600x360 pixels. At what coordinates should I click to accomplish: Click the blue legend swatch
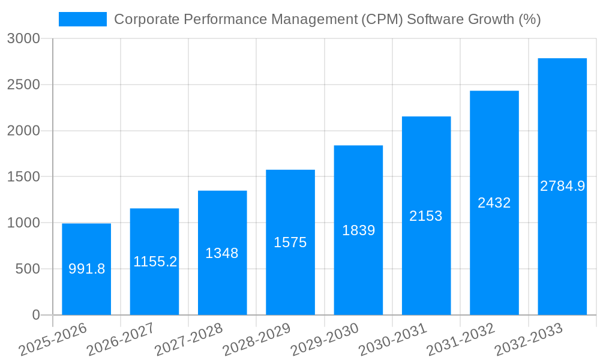(82, 19)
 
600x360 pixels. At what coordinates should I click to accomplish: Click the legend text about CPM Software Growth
(327, 19)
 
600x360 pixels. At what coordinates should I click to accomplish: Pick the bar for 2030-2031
(426, 215)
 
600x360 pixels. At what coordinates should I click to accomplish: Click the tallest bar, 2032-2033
(562, 186)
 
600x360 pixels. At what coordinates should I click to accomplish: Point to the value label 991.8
(86, 269)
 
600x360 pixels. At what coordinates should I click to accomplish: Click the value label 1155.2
(155, 262)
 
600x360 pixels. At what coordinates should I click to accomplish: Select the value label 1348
(222, 253)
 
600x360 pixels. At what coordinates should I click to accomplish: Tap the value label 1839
(358, 230)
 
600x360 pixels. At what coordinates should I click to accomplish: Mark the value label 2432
(494, 203)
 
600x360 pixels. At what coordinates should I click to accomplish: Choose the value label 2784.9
(562, 186)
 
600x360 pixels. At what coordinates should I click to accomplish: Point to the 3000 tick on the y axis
(23, 38)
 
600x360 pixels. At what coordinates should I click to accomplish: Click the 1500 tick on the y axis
(23, 177)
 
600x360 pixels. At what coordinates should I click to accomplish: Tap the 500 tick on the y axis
(28, 269)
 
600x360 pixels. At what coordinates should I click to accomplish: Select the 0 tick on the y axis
(35, 315)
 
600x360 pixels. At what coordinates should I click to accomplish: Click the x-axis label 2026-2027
(120, 340)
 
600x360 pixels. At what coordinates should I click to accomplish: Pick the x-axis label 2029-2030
(324, 340)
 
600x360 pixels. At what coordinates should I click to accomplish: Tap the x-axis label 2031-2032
(460, 340)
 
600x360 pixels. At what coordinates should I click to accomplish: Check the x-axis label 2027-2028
(188, 340)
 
